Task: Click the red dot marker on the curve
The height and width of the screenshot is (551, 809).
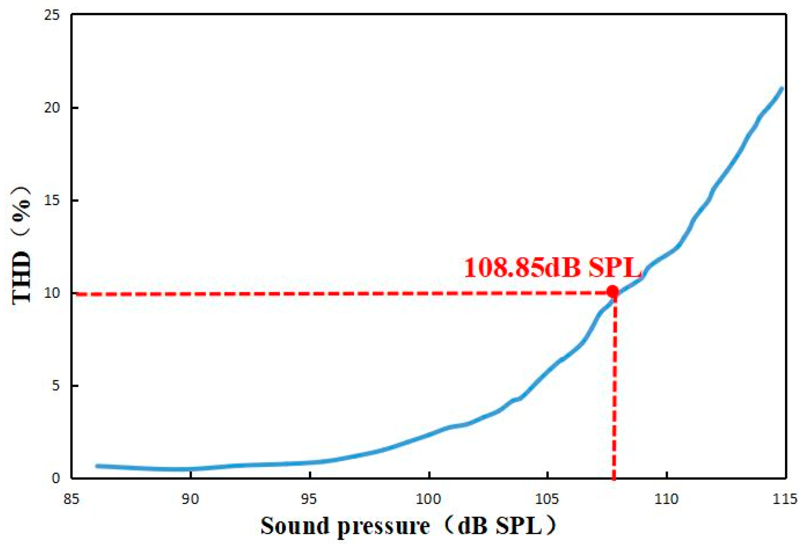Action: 612,292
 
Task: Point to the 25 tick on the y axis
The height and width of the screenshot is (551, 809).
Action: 52,16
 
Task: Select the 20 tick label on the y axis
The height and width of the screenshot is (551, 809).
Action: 52,108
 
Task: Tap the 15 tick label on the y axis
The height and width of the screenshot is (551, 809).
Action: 52,201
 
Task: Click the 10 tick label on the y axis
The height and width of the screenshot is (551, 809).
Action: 52,293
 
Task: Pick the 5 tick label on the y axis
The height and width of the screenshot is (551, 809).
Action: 55,386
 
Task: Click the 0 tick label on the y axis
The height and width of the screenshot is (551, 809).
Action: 55,478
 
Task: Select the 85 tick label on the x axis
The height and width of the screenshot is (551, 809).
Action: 72,499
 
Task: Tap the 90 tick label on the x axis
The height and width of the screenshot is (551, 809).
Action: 190,499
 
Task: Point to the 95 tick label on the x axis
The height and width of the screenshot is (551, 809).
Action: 309,499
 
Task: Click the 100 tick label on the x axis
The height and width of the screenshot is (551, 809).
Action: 429,499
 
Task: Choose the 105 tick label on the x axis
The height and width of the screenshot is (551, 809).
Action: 547,499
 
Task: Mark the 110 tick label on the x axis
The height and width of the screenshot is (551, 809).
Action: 666,499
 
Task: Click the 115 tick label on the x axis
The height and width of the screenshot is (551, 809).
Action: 785,499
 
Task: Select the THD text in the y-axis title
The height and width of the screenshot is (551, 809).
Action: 22,278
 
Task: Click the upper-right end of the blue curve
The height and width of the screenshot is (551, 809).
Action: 781,89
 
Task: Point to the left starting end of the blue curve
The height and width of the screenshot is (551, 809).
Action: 97,466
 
